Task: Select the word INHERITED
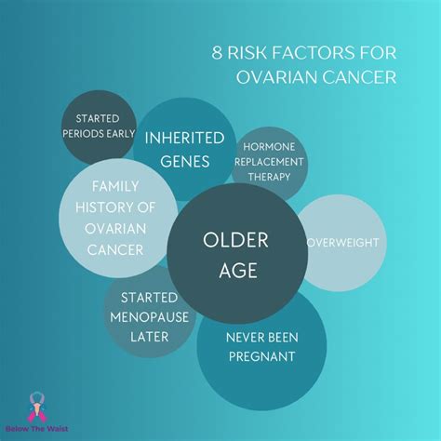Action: point(184,138)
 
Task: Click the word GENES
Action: point(184,160)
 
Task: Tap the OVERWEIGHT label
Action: point(343,244)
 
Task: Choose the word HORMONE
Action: point(270,145)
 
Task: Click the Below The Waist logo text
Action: point(35,428)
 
